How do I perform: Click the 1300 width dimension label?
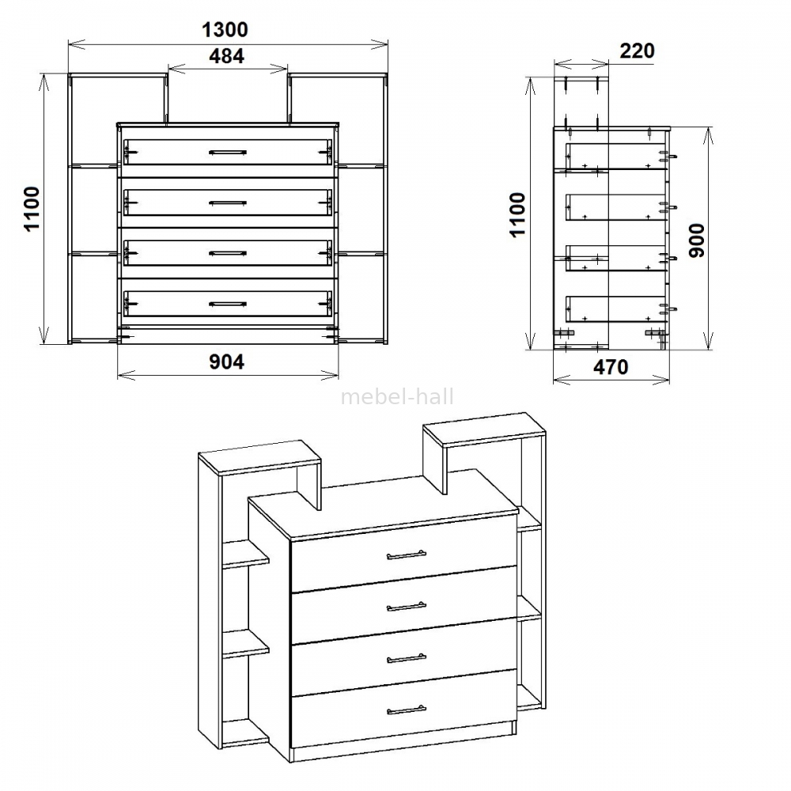pos(225,30)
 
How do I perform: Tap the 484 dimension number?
pos(226,56)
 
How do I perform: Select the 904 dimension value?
pos(226,361)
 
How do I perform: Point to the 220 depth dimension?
pos(637,51)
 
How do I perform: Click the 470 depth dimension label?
pos(611,367)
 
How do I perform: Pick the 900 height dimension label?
pos(696,240)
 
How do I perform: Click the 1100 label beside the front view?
pos(32,209)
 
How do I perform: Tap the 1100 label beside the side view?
pos(517,214)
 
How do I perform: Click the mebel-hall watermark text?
pos(398,397)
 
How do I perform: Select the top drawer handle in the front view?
pos(228,152)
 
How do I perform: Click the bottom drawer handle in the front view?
pos(228,304)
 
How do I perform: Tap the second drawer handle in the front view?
pos(228,202)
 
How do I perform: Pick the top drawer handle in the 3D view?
pos(407,555)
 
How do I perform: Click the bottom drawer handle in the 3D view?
pos(407,710)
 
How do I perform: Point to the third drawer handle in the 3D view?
pos(407,658)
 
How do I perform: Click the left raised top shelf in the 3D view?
pos(259,457)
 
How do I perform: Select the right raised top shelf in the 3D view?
pos(484,430)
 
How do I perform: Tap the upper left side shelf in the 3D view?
pos(246,554)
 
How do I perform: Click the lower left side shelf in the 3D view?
pos(246,643)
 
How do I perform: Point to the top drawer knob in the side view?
pos(670,157)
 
